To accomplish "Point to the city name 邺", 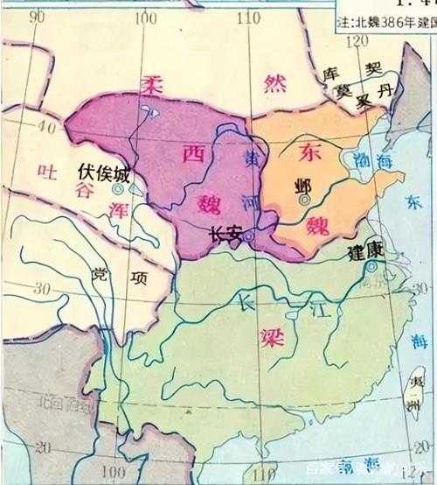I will click(303, 186).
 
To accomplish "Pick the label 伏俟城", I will click(103, 173).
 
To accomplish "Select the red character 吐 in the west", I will click(48, 172).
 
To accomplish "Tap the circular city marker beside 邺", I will click(304, 200).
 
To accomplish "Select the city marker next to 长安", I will click(249, 235).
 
